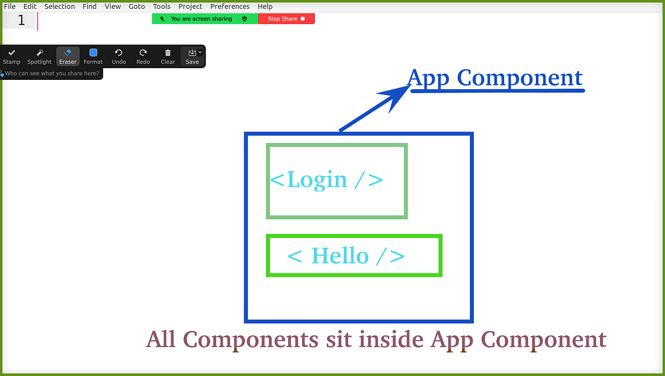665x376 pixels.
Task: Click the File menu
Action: click(9, 7)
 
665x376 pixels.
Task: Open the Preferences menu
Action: click(230, 7)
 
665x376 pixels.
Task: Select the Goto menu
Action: click(137, 7)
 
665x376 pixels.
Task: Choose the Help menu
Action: click(265, 7)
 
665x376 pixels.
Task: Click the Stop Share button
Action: click(286, 19)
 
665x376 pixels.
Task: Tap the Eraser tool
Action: click(68, 56)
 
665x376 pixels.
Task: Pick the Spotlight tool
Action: click(39, 56)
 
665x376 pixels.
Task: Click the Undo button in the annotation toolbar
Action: click(119, 56)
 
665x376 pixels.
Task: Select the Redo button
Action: click(143, 56)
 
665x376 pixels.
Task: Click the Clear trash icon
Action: click(168, 56)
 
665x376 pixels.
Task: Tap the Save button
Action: click(192, 56)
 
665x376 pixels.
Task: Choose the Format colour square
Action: click(93, 53)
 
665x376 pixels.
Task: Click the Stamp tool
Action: click(12, 56)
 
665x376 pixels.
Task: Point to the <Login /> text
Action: click(326, 180)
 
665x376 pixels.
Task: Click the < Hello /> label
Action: click(346, 256)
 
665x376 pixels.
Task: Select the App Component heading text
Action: click(495, 78)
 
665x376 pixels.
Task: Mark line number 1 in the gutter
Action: click(21, 21)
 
